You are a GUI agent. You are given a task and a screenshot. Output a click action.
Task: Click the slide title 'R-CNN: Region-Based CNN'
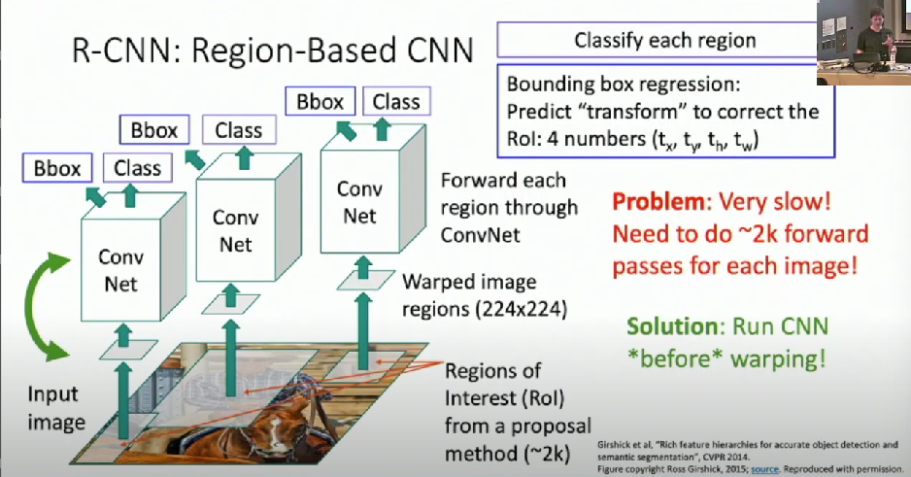pyautogui.click(x=260, y=51)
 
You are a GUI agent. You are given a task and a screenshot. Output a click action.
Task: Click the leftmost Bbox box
pyautogui.click(x=57, y=168)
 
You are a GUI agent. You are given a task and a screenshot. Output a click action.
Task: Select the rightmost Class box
pyautogui.click(x=396, y=100)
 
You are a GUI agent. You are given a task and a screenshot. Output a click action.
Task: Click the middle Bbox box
pyautogui.click(x=154, y=129)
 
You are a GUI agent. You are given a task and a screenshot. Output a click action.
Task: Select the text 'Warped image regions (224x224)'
pyautogui.click(x=483, y=296)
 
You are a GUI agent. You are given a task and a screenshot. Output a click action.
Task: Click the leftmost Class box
pyautogui.click(x=137, y=168)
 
